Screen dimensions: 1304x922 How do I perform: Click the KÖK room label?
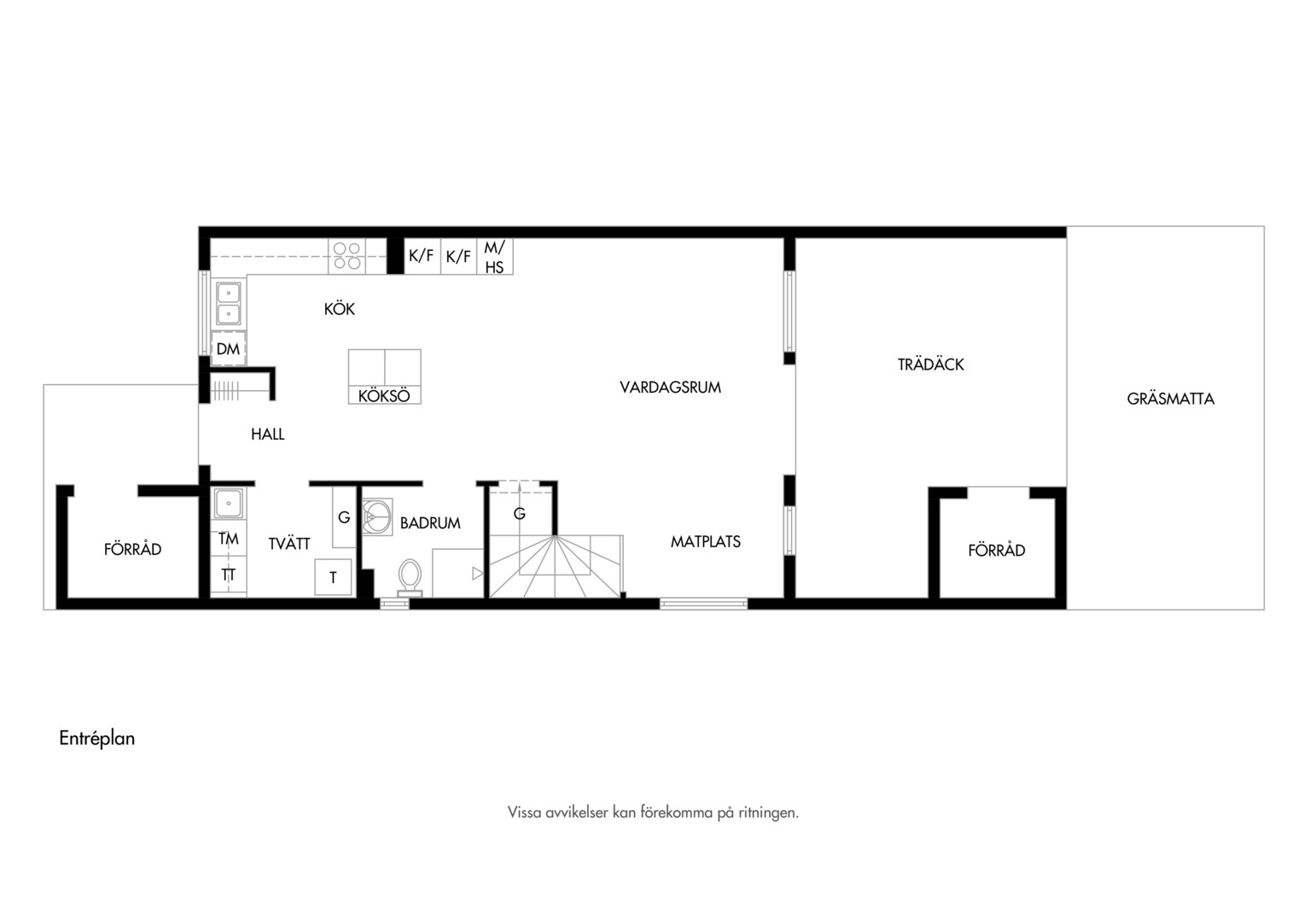[340, 308]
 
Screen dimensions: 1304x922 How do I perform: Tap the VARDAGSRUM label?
[670, 388]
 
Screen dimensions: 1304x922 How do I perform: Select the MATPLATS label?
[706, 541]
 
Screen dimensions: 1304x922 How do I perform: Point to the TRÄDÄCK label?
[930, 364]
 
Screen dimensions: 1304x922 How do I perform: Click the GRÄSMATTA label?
[1170, 399]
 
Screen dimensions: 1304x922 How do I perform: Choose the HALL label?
[268, 434]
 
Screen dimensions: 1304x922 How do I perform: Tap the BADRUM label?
[430, 523]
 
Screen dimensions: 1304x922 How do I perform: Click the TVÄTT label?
[289, 544]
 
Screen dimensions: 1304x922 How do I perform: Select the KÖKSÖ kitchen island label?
[384, 396]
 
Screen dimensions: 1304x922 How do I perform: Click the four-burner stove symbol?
[347, 256]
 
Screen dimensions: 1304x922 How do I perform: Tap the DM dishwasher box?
[228, 348]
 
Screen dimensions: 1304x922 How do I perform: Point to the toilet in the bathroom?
[410, 577]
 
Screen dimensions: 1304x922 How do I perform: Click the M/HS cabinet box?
[495, 256]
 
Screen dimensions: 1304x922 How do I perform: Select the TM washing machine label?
[228, 539]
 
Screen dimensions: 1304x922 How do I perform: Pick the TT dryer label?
[228, 575]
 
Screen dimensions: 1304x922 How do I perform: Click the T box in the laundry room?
[333, 577]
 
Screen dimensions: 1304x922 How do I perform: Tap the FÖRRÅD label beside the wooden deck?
[996, 550]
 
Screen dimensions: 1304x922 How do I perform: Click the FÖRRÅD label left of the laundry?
[133, 549]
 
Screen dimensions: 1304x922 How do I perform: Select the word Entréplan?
[97, 738]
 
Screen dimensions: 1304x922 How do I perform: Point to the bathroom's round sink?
[376, 516]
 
